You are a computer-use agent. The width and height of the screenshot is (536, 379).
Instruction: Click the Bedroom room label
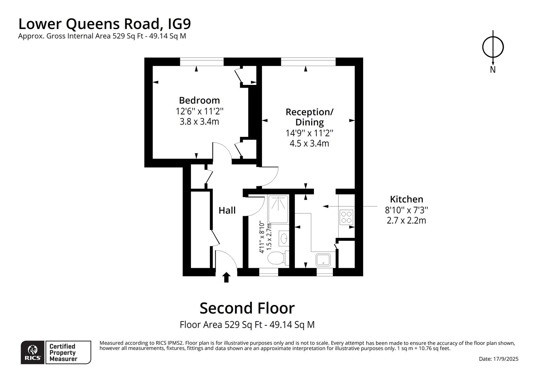(x=199, y=100)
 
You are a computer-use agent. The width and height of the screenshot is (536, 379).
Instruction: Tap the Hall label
(x=227, y=210)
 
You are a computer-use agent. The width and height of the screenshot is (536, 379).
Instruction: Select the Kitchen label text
(x=407, y=199)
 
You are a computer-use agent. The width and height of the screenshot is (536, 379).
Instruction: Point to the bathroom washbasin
(x=284, y=238)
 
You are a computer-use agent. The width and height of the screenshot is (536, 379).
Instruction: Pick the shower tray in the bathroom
(x=278, y=209)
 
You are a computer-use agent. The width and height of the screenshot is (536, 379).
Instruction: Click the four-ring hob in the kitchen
(x=346, y=217)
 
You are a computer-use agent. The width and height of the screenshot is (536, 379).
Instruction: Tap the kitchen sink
(x=323, y=260)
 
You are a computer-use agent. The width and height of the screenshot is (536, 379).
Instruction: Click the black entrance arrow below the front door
(x=226, y=277)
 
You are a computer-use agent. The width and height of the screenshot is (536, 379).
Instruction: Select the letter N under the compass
(x=493, y=69)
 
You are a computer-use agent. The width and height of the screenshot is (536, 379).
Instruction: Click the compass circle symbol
(x=493, y=47)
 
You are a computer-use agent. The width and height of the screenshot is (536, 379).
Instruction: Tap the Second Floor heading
(x=247, y=308)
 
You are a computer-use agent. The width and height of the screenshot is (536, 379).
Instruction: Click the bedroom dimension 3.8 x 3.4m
(x=199, y=122)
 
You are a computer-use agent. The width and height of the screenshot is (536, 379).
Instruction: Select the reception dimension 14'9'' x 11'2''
(x=309, y=133)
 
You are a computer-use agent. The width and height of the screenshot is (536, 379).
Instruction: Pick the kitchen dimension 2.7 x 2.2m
(x=407, y=220)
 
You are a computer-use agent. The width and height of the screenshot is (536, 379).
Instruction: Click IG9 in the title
(x=179, y=24)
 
